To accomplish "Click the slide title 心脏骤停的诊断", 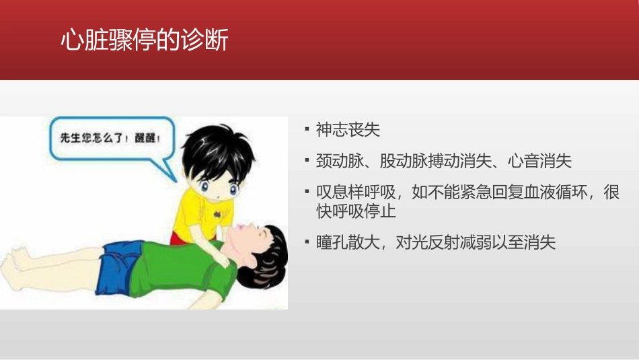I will point(144,40).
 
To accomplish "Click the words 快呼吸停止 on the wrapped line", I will point(356,211).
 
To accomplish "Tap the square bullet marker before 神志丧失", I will point(307,128).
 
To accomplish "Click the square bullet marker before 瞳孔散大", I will point(307,242).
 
